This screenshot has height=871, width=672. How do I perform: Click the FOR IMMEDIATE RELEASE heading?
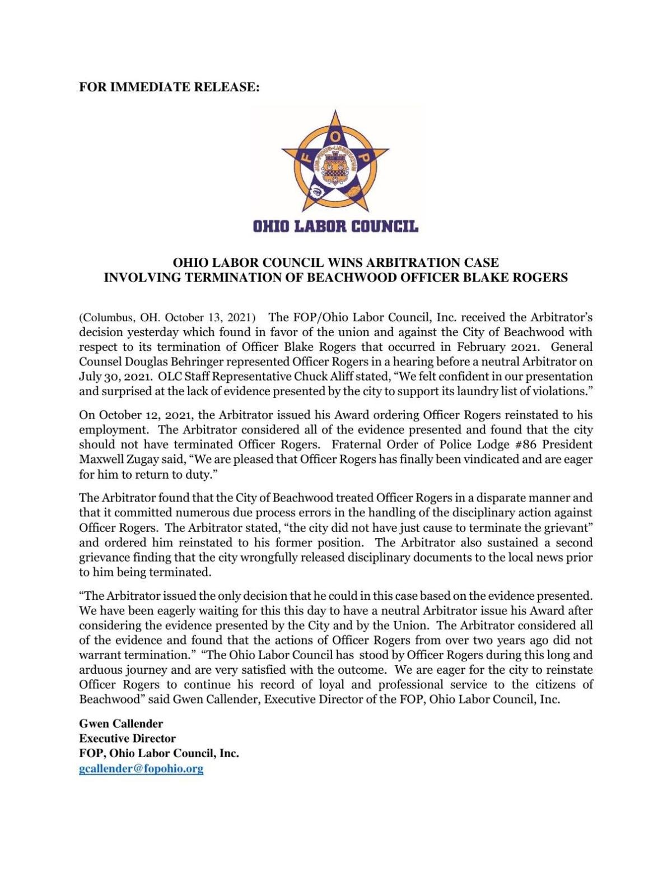tap(169, 87)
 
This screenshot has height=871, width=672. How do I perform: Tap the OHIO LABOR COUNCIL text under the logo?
tap(335, 226)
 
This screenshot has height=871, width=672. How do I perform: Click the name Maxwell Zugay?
tap(115, 459)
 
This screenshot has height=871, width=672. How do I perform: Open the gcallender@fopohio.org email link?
tap(141, 768)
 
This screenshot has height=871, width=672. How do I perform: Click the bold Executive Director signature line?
tap(127, 738)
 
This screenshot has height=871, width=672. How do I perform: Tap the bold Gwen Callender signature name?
tap(121, 724)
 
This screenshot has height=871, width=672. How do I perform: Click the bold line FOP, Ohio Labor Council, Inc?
tap(159, 753)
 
